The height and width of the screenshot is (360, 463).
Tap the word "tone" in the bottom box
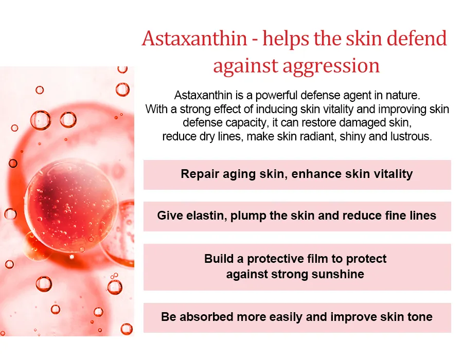tap(420, 317)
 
